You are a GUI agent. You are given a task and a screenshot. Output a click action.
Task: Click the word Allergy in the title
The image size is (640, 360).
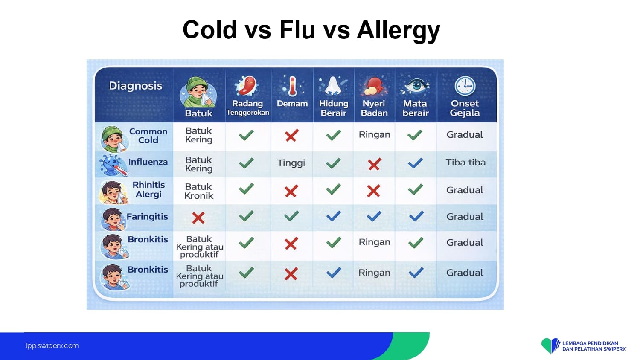coord(398,30)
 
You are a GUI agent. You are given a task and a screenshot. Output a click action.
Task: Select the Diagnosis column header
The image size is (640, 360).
coord(135,86)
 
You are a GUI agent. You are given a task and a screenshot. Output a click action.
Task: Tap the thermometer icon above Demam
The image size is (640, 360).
coord(292,86)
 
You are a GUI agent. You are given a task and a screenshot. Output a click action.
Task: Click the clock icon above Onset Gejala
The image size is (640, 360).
coord(465,86)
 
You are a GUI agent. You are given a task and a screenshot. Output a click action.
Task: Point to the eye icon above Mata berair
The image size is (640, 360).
coord(415,86)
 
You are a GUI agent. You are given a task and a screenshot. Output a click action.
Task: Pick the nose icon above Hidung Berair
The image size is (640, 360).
coord(333,86)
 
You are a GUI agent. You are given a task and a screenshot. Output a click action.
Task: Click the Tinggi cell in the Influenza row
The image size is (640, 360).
coord(291,163)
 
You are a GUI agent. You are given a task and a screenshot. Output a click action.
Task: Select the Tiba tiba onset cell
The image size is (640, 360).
coord(465,162)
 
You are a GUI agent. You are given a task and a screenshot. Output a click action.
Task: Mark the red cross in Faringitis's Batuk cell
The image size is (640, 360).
coord(198,218)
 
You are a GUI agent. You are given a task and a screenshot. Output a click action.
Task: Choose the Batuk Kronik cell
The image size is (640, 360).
coord(198,191)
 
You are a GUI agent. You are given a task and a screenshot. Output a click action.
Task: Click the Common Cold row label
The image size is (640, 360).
coord(148,136)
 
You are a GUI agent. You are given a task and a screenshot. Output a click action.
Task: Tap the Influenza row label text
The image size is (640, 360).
coord(148,162)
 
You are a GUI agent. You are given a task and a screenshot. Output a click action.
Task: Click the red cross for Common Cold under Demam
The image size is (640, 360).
coord(292,136)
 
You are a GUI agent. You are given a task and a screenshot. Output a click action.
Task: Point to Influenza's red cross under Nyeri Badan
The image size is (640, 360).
coord(374,164)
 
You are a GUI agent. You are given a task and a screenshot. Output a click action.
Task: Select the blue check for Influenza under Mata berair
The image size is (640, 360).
coord(415,163)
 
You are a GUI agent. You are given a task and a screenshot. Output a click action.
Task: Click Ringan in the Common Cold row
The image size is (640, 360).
coord(374,134)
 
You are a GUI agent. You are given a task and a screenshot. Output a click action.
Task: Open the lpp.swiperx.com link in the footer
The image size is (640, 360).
coord(52,346)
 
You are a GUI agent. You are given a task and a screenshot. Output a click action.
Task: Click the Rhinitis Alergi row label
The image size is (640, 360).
coord(148,189)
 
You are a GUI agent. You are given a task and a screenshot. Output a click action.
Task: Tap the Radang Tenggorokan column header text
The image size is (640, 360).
coord(247,108)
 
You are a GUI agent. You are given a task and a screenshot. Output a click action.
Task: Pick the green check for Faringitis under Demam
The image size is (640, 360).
coord(292,216)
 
